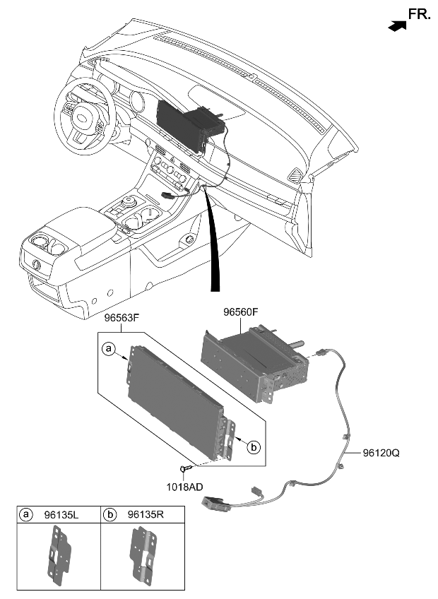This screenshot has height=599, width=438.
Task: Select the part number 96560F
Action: pyautogui.click(x=240, y=311)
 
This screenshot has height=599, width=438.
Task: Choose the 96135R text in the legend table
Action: pyautogui.click(x=146, y=515)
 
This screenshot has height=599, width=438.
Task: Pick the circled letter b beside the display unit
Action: pyautogui.click(x=255, y=446)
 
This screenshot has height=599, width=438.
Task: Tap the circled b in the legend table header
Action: pyautogui.click(x=110, y=515)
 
